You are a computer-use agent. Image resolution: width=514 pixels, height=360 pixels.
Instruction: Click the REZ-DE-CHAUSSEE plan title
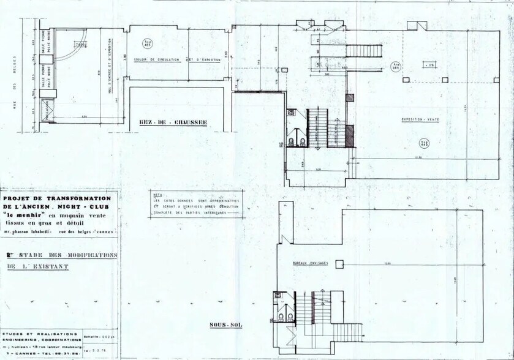174,122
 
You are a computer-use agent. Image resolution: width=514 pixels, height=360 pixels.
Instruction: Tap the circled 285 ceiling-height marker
396,66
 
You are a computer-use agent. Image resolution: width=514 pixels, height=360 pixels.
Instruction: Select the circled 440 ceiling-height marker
423,143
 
